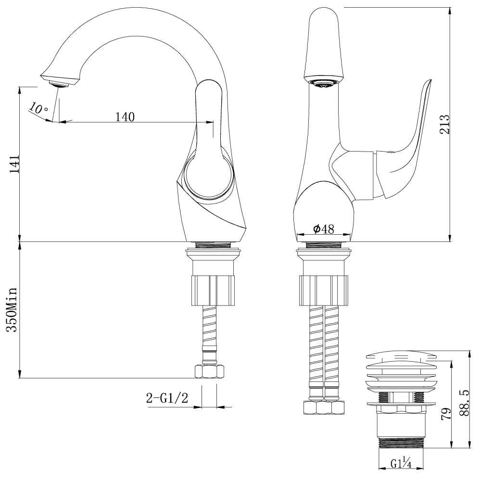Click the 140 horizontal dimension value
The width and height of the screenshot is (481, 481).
pyautogui.click(x=125, y=116)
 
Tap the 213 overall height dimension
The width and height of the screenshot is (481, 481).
pyautogui.click(x=444, y=124)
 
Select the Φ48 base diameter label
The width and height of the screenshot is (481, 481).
pyautogui.click(x=323, y=229)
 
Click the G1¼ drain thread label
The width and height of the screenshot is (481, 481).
pyautogui.click(x=400, y=464)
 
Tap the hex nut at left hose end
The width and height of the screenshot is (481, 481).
pyautogui.click(x=209, y=371)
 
